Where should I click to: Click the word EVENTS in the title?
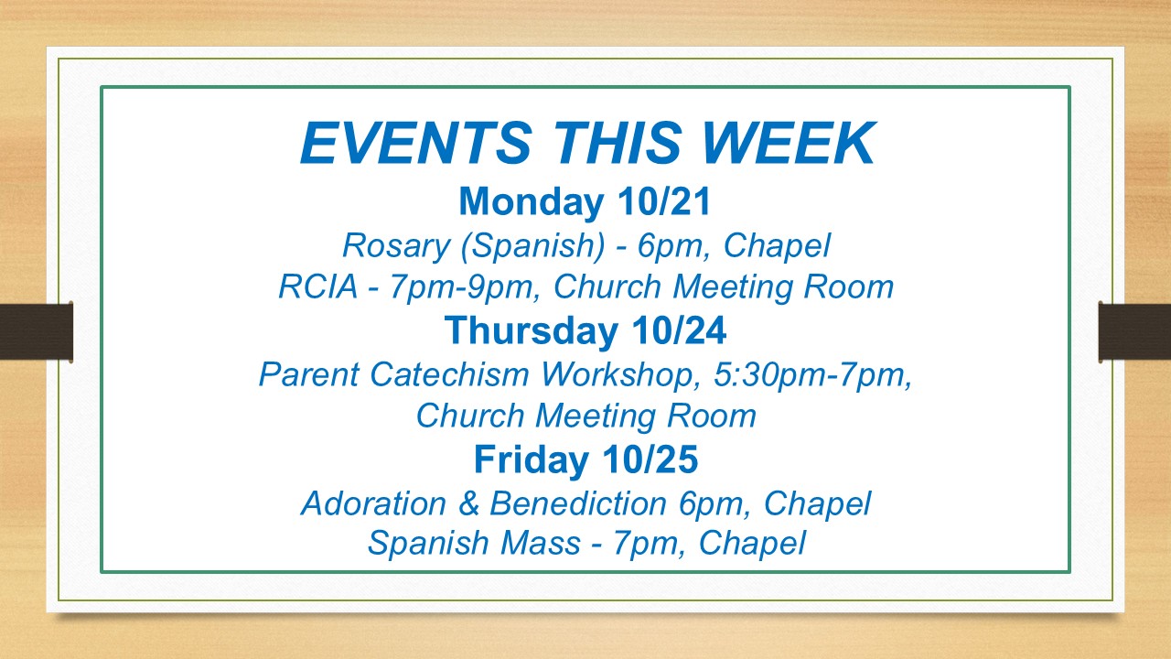click(416, 143)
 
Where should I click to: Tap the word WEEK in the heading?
click(788, 143)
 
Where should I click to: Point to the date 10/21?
click(664, 201)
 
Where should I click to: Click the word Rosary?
click(396, 246)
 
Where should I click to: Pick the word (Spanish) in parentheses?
click(532, 246)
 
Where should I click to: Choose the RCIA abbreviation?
click(317, 286)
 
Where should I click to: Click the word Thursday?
click(532, 330)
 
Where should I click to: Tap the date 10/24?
click(679, 330)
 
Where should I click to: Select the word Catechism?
click(449, 374)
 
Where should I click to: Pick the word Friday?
click(532, 460)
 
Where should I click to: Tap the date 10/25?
click(650, 459)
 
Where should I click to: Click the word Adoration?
click(373, 503)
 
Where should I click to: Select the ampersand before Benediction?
click(468, 503)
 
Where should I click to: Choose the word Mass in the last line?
click(541, 543)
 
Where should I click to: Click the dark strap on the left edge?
click(36, 331)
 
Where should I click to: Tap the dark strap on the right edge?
click(1134, 331)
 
